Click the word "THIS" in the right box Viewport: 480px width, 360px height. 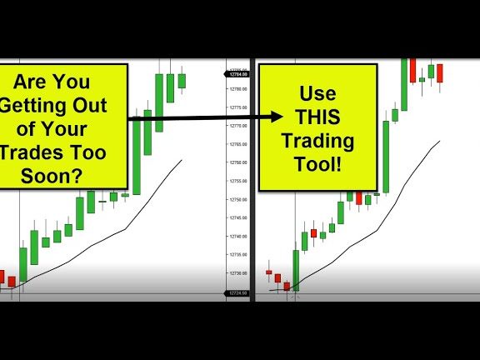coord(317,117)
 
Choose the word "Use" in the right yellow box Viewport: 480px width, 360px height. coord(317,94)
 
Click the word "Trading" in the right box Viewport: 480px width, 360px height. coord(317,142)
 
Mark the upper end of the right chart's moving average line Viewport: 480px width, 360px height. coord(440,142)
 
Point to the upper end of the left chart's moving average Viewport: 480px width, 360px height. coord(181,161)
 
